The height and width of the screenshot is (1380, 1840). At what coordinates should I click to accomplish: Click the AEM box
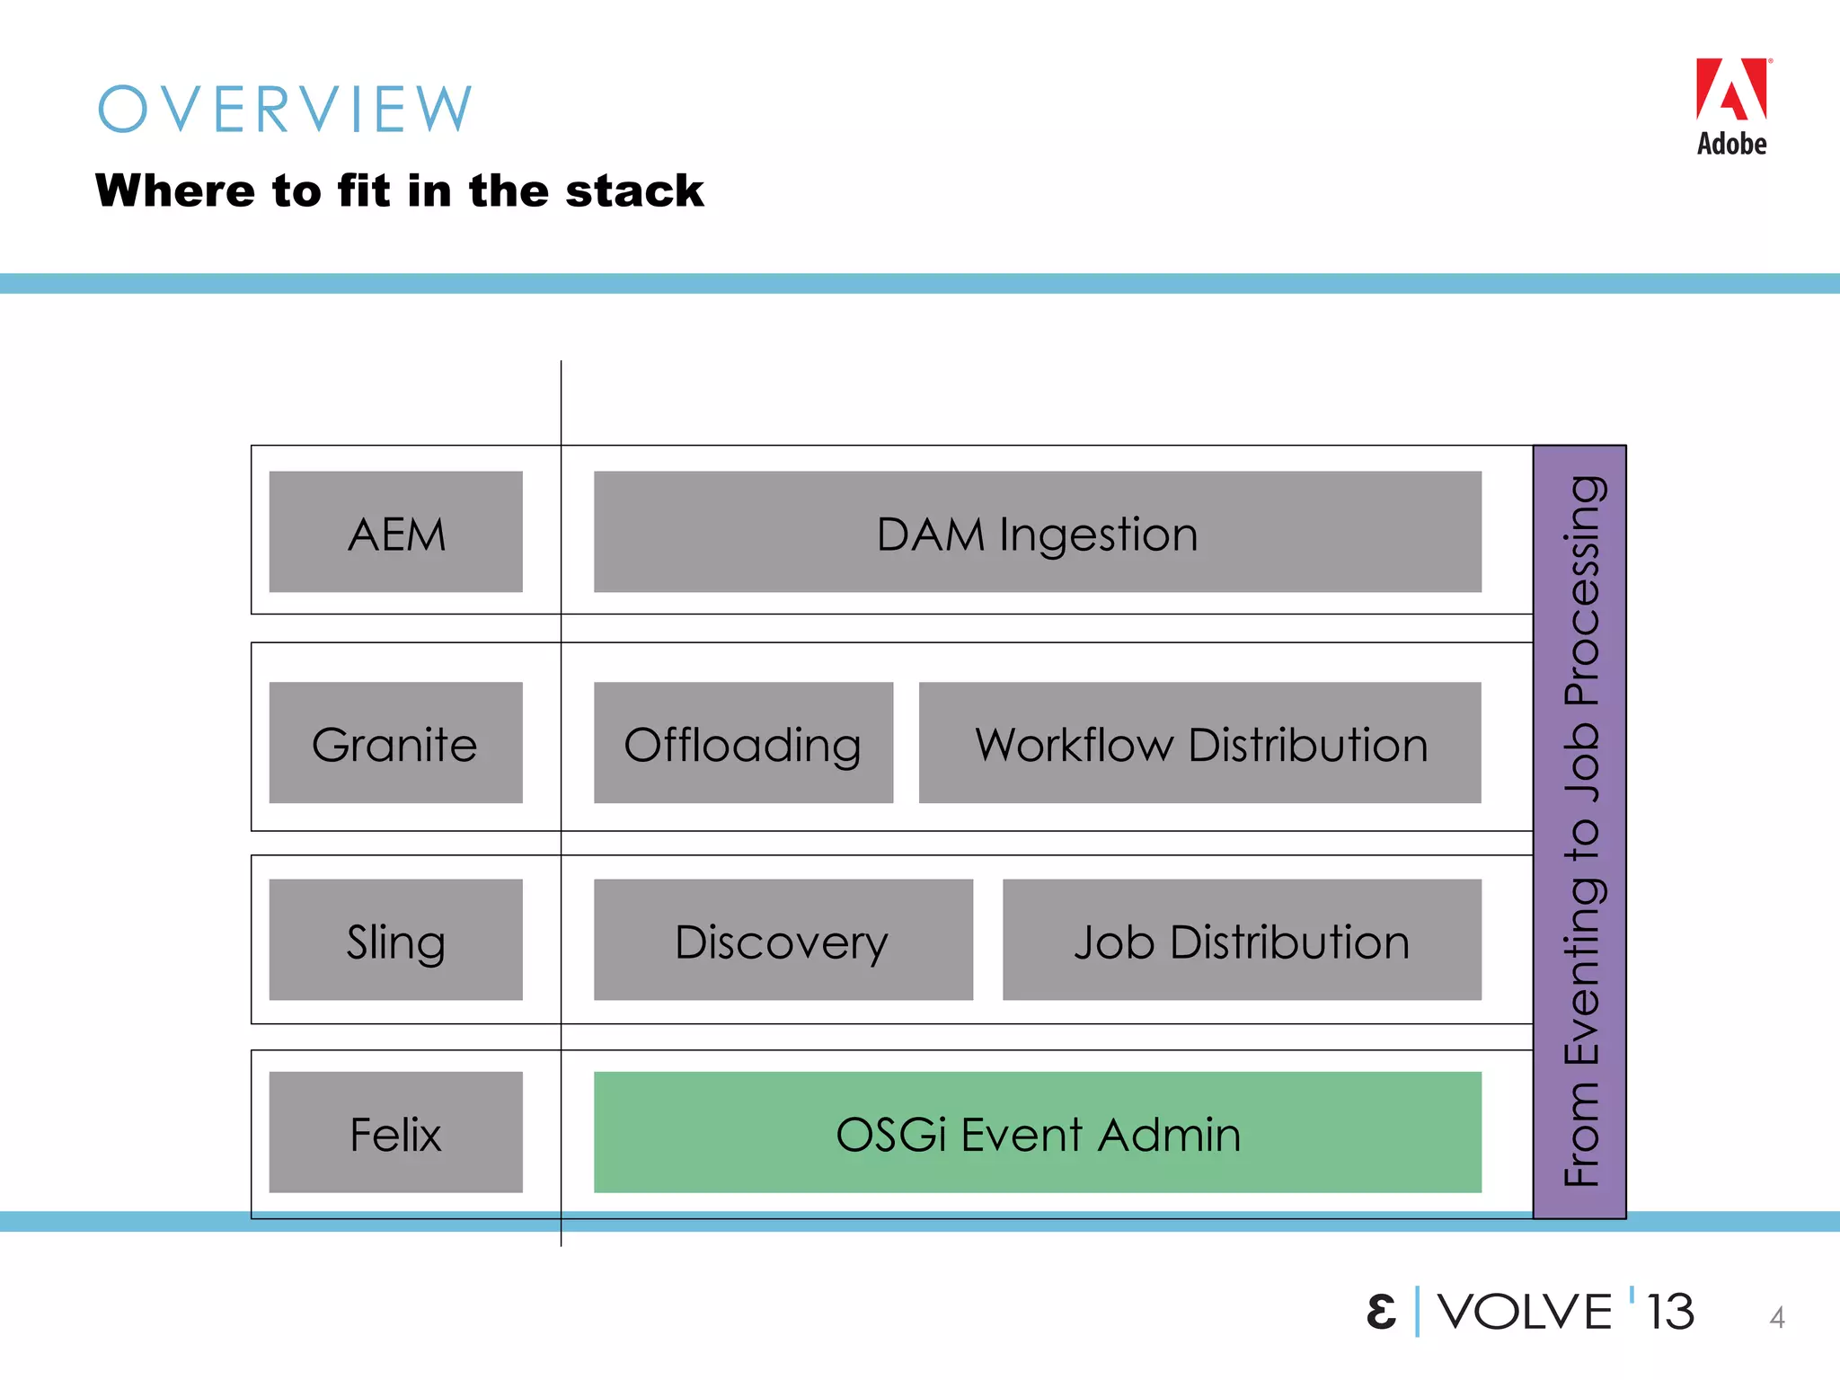pos(395,532)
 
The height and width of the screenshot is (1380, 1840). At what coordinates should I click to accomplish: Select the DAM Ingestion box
pos(1037,532)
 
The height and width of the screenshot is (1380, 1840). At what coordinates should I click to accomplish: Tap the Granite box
pos(395,743)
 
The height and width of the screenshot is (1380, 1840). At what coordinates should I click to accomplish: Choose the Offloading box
pos(743,743)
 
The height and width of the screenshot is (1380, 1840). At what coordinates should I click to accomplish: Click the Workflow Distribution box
pos(1199,743)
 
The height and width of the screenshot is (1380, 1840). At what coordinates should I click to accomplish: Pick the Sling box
pos(395,940)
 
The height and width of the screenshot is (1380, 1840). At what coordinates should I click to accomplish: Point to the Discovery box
pos(783,940)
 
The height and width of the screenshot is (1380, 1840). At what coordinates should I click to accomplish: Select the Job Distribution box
pos(1242,940)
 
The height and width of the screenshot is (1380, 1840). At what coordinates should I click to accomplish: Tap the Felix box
pos(395,1132)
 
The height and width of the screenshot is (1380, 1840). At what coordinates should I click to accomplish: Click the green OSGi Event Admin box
pos(1037,1132)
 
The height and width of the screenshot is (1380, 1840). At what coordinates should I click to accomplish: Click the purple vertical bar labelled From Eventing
pos(1579,831)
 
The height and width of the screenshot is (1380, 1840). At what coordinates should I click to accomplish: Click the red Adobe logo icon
pos(1730,90)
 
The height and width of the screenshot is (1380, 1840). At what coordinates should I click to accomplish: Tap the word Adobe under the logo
pos(1731,144)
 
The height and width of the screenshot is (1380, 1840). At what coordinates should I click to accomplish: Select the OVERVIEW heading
pos(285,110)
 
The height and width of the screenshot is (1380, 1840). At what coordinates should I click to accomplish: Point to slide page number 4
pos(1776,1317)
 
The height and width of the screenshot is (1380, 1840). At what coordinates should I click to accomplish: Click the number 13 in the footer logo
pos(1670,1312)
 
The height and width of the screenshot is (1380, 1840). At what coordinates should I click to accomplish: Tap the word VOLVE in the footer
pos(1525,1312)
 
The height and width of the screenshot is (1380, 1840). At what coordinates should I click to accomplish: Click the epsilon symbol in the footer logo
pos(1381,1312)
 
